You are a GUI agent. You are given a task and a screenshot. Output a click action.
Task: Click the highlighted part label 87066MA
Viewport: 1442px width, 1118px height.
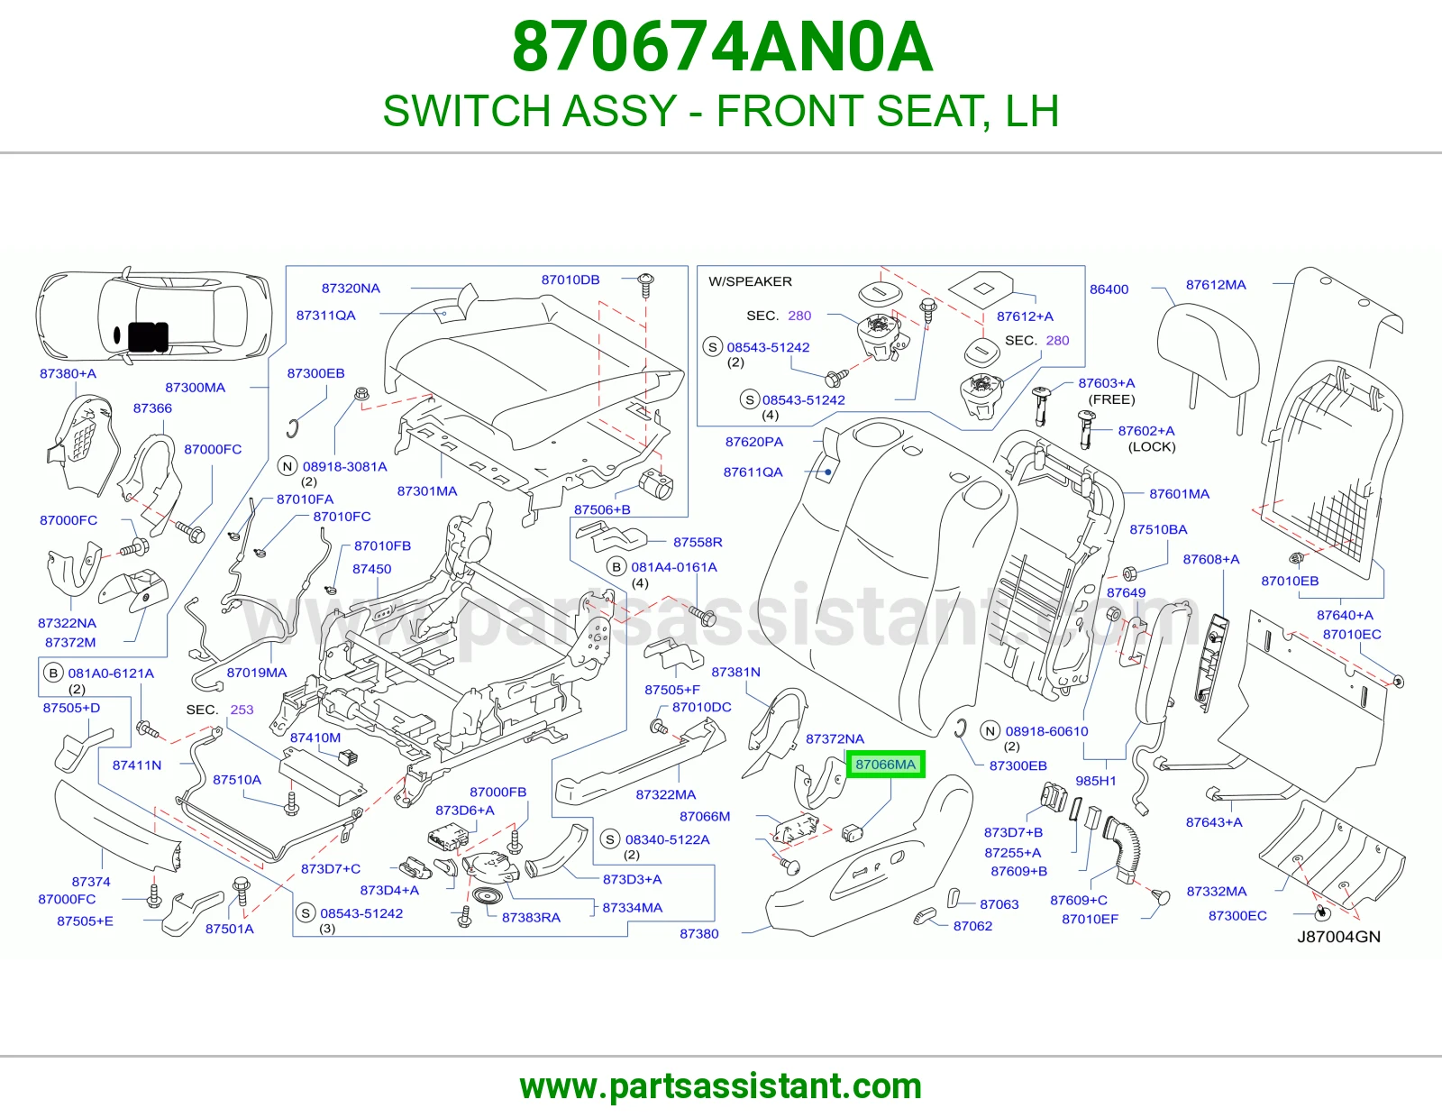coord(885,765)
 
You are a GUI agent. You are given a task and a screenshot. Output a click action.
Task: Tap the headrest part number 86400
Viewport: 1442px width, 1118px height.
coord(1109,289)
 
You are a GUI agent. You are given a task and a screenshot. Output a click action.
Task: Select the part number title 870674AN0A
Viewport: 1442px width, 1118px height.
coord(722,47)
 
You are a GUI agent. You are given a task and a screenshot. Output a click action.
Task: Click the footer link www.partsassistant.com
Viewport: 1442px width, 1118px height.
coord(721,1086)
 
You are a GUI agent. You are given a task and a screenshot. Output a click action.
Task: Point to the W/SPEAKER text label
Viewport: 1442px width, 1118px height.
coord(750,281)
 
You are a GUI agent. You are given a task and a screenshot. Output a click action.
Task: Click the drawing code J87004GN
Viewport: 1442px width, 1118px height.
coord(1338,937)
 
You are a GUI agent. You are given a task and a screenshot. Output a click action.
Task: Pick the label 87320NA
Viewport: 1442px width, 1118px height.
coord(351,289)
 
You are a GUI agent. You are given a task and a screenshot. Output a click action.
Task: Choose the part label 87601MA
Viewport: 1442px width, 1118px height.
coord(1179,494)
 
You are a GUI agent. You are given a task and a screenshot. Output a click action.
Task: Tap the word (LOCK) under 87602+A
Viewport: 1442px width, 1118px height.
coord(1152,447)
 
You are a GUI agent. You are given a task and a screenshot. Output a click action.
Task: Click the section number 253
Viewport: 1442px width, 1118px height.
coord(242,710)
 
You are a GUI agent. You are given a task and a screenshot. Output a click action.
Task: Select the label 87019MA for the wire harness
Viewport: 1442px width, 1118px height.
coord(257,673)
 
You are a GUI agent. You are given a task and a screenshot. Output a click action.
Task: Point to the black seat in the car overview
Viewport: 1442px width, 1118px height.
coord(147,336)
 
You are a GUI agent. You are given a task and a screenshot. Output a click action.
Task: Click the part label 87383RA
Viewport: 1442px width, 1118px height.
coord(531,918)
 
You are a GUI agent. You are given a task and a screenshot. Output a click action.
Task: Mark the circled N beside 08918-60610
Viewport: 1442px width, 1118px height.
coord(990,731)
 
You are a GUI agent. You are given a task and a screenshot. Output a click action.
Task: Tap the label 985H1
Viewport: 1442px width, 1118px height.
coord(1096,781)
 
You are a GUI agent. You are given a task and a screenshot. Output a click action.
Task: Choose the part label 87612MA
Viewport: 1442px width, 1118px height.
coord(1216,285)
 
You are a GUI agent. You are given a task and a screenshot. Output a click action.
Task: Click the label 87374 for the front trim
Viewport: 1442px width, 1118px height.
coord(91,882)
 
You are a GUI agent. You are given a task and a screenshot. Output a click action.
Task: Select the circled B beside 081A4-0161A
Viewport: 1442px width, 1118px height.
coord(616,567)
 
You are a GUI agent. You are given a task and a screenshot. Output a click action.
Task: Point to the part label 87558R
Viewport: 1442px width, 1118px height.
coord(698,542)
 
